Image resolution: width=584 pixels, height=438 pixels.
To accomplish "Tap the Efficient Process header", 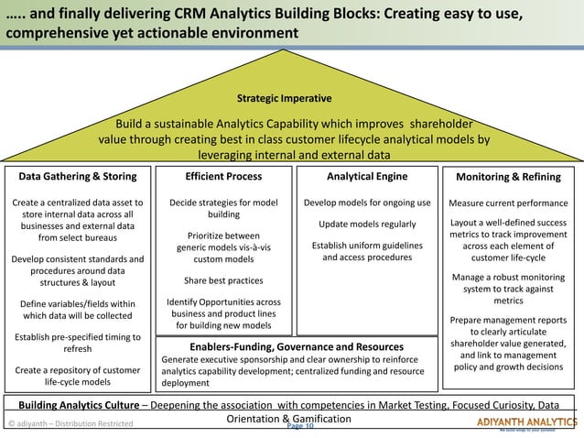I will click(223, 177).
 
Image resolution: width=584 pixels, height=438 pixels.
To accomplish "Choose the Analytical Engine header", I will click(367, 177).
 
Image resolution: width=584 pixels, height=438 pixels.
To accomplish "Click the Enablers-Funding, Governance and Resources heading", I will click(296, 347).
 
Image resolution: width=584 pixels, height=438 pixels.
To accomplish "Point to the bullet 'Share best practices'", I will click(223, 281).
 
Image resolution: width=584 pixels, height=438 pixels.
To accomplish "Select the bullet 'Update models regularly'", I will click(367, 224).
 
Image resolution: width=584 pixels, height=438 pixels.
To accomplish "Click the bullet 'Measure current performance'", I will click(508, 203).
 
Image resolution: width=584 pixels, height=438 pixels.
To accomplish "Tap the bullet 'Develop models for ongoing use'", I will click(367, 203).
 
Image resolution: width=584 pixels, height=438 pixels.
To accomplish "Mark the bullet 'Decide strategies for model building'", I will click(223, 208).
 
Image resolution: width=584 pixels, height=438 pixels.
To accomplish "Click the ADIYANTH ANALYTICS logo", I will click(526, 422).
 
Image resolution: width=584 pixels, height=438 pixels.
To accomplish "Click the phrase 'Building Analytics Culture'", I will click(87, 404).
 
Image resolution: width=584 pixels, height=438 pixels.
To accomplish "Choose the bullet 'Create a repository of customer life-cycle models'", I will click(78, 376).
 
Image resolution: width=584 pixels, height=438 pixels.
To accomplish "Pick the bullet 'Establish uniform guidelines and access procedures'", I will click(367, 251).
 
